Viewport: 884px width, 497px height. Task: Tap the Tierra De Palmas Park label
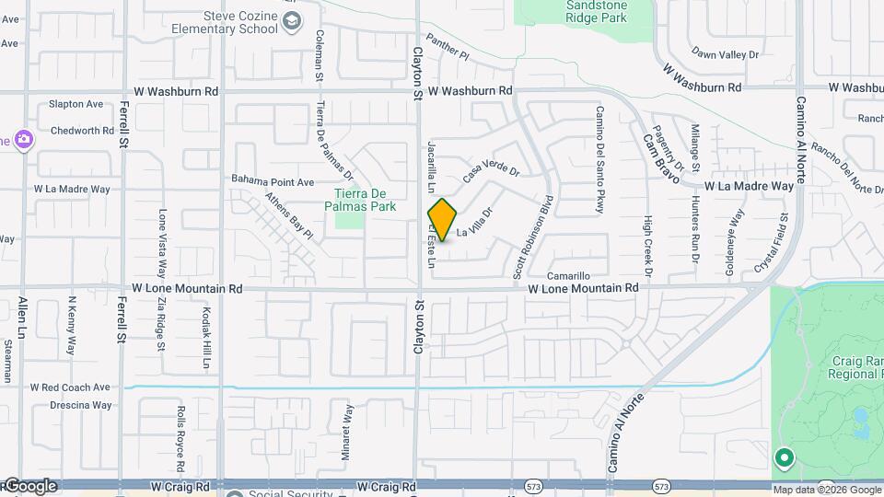pyautogui.click(x=365, y=200)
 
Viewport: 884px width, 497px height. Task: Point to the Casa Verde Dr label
pyautogui.click(x=491, y=171)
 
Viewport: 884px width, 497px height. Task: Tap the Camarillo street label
pyautogui.click(x=568, y=276)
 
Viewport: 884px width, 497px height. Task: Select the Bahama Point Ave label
pyautogui.click(x=273, y=181)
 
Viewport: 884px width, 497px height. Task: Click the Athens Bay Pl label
pyautogui.click(x=289, y=215)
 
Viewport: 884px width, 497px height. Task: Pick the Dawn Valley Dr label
pyautogui.click(x=725, y=55)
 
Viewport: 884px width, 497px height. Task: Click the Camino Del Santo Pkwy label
pyautogui.click(x=599, y=160)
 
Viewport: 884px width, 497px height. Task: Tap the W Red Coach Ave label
pyautogui.click(x=70, y=388)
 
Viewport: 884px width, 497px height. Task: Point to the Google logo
pyautogui.click(x=30, y=486)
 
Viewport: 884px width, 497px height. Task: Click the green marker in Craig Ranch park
pyautogui.click(x=784, y=457)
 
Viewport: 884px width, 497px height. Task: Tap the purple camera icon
pyautogui.click(x=23, y=140)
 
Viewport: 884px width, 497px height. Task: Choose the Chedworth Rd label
pyautogui.click(x=82, y=131)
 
